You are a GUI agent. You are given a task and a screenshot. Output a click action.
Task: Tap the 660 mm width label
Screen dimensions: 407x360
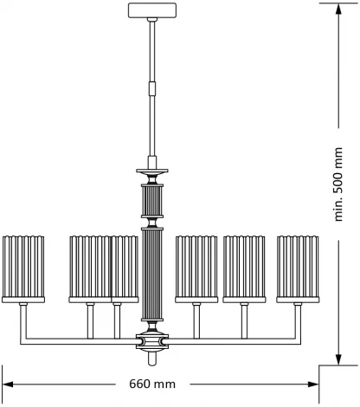pos(153,383)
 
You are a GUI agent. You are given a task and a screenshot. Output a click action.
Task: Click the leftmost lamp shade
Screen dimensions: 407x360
pos(23,268)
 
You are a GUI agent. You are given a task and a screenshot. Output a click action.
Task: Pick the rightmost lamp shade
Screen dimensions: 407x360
pos(299,268)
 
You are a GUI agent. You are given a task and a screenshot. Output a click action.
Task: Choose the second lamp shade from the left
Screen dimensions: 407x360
pos(89,268)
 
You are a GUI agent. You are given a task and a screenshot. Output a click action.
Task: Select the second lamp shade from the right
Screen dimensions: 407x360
pos(246,268)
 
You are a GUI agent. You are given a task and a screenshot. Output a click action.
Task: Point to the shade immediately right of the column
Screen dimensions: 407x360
pos(196,268)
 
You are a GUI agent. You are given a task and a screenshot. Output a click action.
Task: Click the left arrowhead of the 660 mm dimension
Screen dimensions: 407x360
pos(7,383)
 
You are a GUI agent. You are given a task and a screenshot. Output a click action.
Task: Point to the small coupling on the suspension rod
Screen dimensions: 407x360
pos(152,87)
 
